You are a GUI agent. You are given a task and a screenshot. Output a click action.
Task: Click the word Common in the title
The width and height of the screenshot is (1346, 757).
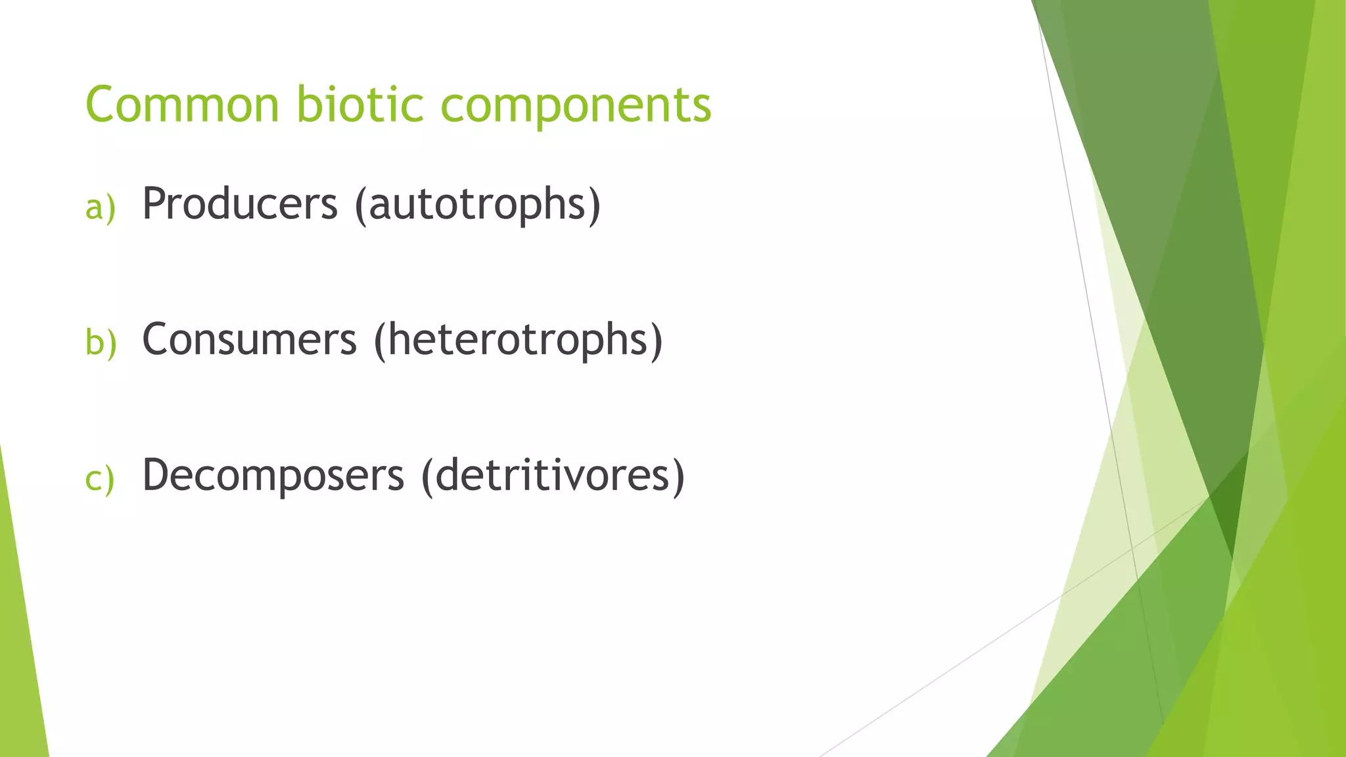tap(183, 104)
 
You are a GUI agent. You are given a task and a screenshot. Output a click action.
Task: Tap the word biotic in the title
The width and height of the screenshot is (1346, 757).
tap(360, 104)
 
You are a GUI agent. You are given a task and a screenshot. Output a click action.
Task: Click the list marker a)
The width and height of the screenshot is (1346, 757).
tap(100, 207)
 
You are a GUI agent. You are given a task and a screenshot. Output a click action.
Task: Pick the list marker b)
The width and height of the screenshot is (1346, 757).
tap(101, 342)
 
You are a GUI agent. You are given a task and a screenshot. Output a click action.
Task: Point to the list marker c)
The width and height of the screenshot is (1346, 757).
tap(100, 478)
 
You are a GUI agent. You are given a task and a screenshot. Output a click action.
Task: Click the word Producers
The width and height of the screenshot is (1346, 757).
tap(240, 204)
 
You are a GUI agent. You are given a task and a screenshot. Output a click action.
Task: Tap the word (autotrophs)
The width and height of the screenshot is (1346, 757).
tap(478, 206)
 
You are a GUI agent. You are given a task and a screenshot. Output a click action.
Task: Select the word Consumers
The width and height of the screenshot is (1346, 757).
tap(250, 340)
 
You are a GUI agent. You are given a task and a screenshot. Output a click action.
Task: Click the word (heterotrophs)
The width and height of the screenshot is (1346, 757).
tap(519, 341)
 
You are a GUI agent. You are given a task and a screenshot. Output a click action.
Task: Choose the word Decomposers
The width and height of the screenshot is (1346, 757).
tap(273, 476)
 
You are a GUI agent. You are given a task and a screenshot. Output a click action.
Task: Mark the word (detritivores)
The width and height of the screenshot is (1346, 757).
tap(553, 476)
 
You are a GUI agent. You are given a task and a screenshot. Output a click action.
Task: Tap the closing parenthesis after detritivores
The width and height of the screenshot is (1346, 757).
tap(678, 477)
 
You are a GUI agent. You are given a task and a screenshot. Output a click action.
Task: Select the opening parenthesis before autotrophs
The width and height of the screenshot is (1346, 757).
tap(360, 206)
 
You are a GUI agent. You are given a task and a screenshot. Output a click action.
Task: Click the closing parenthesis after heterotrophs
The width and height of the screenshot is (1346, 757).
tap(656, 342)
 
